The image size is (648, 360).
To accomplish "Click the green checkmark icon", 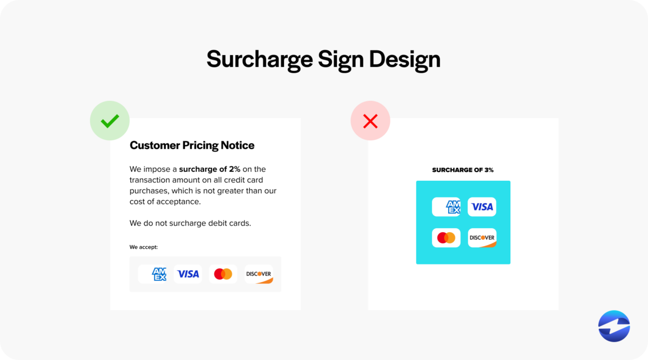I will [x=110, y=121].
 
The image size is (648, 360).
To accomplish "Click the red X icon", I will [x=370, y=121].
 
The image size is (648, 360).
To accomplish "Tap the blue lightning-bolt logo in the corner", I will [x=614, y=326].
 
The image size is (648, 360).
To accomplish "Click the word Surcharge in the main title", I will [x=259, y=59].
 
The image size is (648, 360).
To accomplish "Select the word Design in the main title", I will [x=404, y=59].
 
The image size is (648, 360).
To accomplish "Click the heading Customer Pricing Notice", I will [x=192, y=145].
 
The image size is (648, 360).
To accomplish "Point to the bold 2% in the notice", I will [x=234, y=169].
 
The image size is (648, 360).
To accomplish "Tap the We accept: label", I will [x=144, y=247].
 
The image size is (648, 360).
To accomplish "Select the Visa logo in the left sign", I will [x=188, y=274].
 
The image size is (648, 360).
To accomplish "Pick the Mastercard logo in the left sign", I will [x=223, y=274].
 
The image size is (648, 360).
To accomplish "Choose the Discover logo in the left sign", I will [x=259, y=274].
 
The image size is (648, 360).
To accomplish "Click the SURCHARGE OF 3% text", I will [x=463, y=170].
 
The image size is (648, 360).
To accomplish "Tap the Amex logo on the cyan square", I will [x=446, y=207].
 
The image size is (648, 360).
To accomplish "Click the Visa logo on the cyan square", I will [x=482, y=207].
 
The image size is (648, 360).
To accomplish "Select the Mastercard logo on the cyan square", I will [x=446, y=238].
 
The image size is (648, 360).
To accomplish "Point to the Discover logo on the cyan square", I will [x=482, y=238].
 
